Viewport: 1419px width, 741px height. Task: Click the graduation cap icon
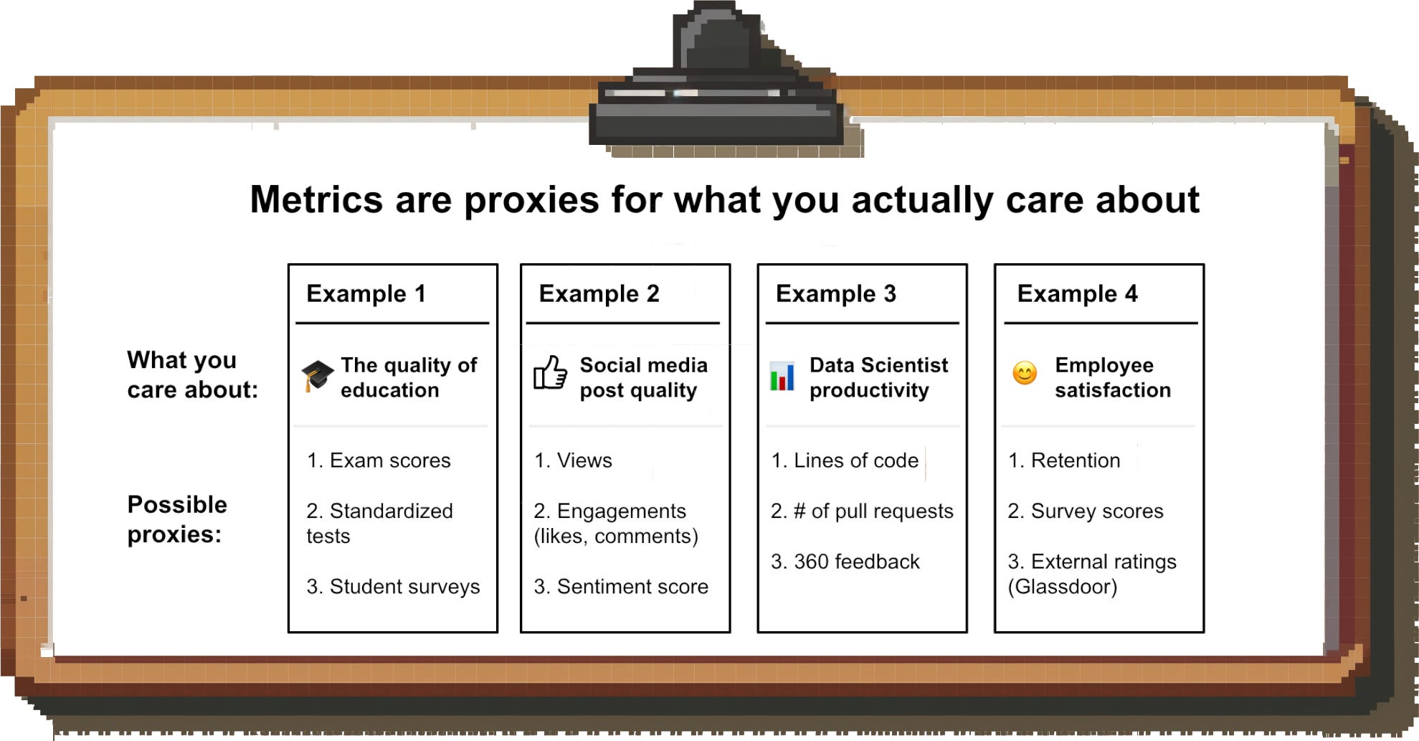tap(317, 375)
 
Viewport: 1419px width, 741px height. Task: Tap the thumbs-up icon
tap(550, 373)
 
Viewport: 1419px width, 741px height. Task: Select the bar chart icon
tap(782, 376)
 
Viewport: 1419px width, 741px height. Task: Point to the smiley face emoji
tap(1025, 373)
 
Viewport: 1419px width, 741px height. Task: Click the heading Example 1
tap(366, 293)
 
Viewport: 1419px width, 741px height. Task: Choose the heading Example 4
tap(1077, 293)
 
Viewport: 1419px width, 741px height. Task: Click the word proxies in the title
tap(531, 200)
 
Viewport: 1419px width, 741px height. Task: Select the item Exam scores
tap(379, 461)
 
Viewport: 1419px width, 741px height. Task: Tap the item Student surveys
tap(393, 587)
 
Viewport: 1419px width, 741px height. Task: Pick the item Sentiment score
tap(621, 587)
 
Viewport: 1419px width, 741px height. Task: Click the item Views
tap(573, 461)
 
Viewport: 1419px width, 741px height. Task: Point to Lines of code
tap(845, 461)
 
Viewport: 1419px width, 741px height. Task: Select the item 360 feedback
tap(845, 562)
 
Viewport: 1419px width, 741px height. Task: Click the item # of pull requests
tap(862, 511)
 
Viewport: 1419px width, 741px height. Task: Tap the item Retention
tap(1064, 461)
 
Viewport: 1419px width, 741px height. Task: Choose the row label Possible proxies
tap(176, 519)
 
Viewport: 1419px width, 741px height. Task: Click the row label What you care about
tap(191, 374)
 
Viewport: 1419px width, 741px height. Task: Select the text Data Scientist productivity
tap(878, 377)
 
